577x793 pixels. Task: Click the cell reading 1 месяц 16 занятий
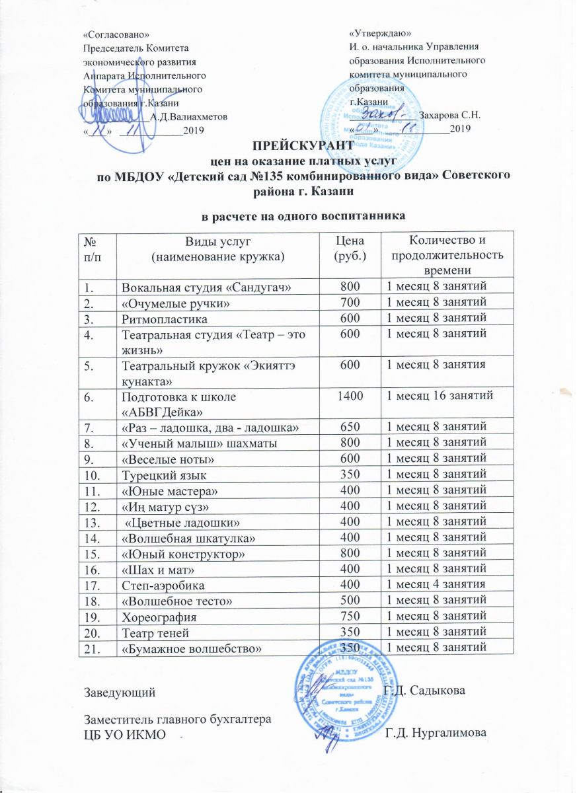point(437,395)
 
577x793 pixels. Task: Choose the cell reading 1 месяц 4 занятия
point(436,584)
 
